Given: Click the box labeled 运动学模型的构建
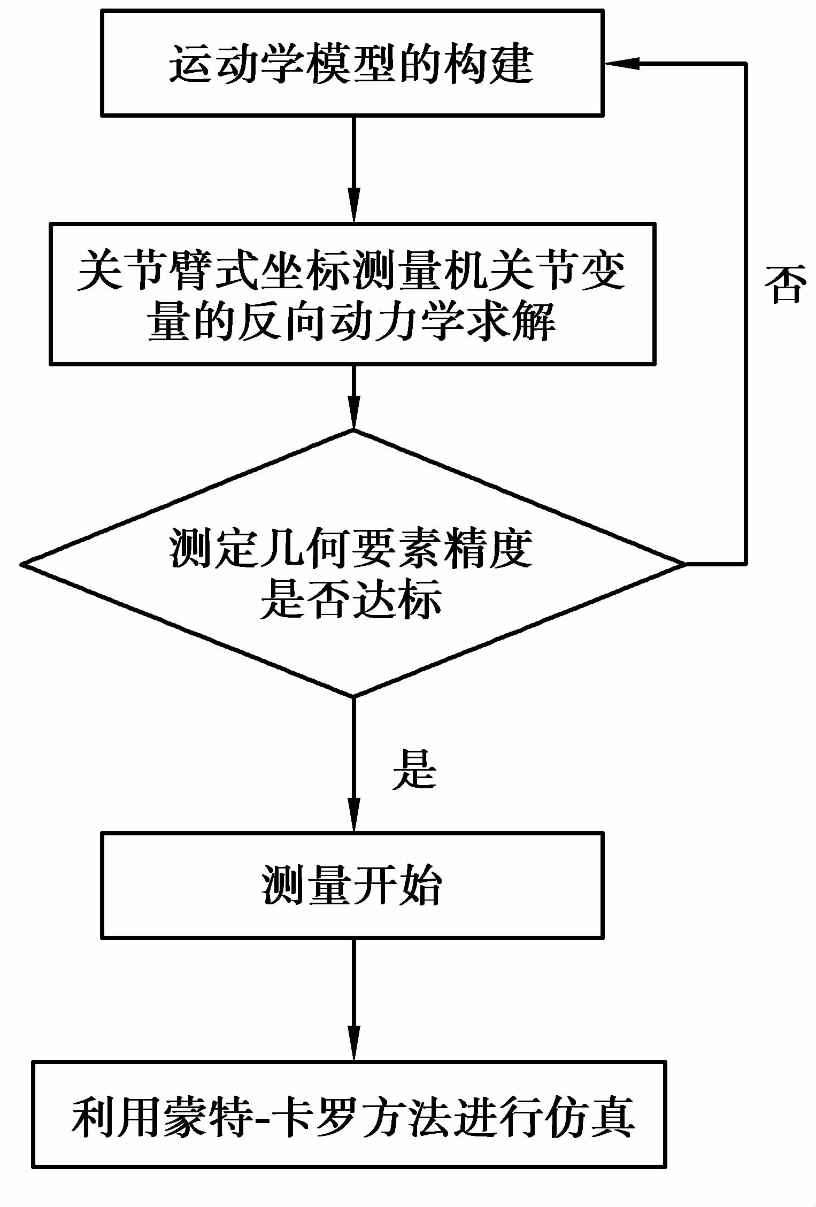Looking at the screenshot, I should [x=352, y=63].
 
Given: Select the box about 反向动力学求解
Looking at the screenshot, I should [x=352, y=294].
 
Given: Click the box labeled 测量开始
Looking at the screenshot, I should [x=352, y=885].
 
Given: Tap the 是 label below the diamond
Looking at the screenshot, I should [x=414, y=769].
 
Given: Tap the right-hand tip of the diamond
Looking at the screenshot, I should [x=683, y=564].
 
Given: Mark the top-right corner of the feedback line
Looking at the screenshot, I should [x=745, y=64].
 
